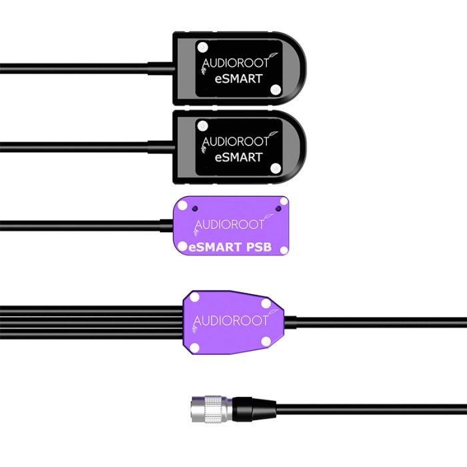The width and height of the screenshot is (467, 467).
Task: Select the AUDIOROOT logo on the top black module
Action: pos(236,65)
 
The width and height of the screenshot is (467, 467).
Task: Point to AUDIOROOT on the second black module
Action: pos(236,141)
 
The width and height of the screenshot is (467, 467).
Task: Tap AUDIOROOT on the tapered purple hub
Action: pos(231,321)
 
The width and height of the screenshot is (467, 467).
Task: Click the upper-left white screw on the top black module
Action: pos(201,47)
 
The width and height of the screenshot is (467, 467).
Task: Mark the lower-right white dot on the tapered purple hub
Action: pos(266,342)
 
